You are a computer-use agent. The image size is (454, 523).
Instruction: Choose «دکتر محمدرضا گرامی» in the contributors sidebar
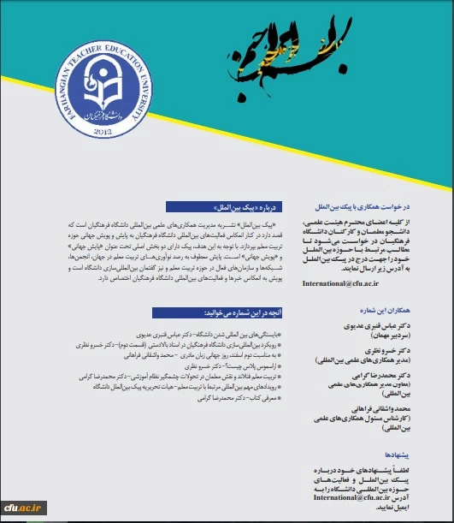(389, 375)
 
